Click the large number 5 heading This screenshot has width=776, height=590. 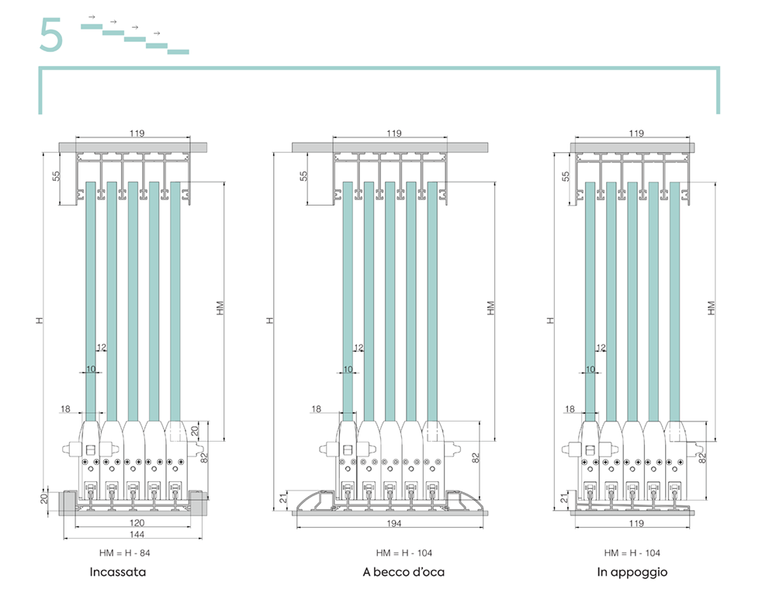tap(51, 35)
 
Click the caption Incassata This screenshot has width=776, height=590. tap(118, 572)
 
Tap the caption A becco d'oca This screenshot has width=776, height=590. tap(404, 572)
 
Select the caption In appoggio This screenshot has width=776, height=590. tap(632, 572)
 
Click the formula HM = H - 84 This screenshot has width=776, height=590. tap(125, 553)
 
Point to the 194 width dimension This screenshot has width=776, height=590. tap(393, 523)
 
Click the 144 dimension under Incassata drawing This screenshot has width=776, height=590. tap(137, 535)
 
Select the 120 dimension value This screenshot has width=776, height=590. tap(137, 522)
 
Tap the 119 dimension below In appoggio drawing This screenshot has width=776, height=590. tap(636, 523)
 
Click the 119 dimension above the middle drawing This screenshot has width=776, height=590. tap(394, 134)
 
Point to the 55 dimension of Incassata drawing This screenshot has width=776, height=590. tap(56, 175)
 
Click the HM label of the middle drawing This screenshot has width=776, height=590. tap(490, 308)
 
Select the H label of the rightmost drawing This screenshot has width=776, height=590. tap(550, 321)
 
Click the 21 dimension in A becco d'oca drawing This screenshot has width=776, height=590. tap(283, 498)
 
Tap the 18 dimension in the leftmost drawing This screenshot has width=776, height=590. tap(65, 409)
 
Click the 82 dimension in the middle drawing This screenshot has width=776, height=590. tap(476, 458)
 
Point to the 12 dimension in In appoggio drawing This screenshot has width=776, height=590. tap(601, 348)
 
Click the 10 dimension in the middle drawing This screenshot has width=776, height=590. tap(348, 370)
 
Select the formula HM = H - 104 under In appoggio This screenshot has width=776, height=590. tap(632, 553)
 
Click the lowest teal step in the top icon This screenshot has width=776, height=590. tap(178, 51)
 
